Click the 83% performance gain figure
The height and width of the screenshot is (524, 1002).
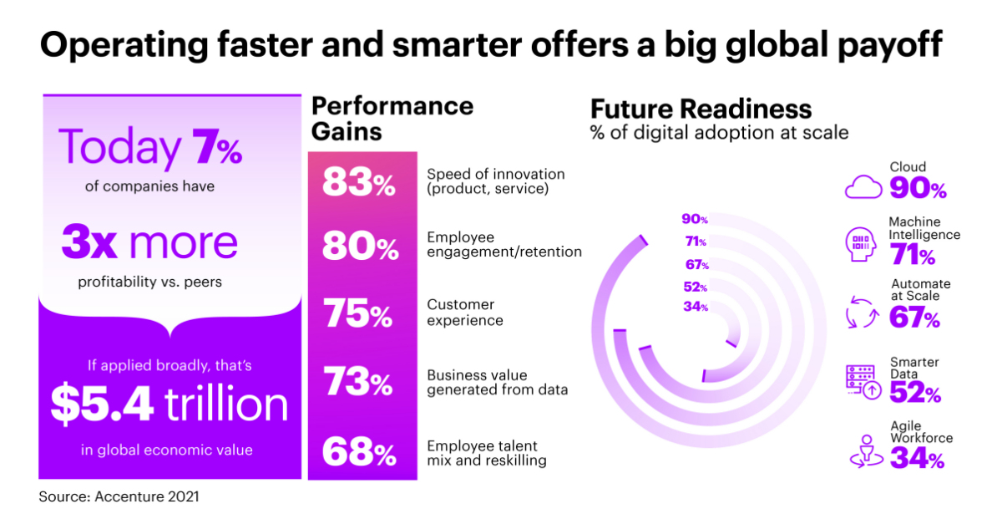(x=358, y=183)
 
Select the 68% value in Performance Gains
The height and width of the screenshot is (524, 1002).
(x=358, y=454)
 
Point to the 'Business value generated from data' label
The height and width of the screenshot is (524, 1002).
(x=493, y=383)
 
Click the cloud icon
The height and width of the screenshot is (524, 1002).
(x=863, y=186)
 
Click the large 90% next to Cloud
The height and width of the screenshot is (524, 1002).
(x=918, y=188)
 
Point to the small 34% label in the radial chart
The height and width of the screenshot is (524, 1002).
(x=695, y=307)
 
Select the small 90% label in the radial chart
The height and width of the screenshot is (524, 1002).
(x=695, y=220)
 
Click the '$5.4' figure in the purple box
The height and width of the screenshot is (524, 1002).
(x=102, y=404)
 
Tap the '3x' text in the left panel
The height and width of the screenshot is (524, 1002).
(x=91, y=242)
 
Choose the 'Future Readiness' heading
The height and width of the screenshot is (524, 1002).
(x=701, y=109)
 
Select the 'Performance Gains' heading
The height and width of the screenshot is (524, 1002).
(x=392, y=119)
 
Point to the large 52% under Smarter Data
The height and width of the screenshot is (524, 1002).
(x=915, y=392)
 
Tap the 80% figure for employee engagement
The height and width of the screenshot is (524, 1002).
(x=358, y=248)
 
